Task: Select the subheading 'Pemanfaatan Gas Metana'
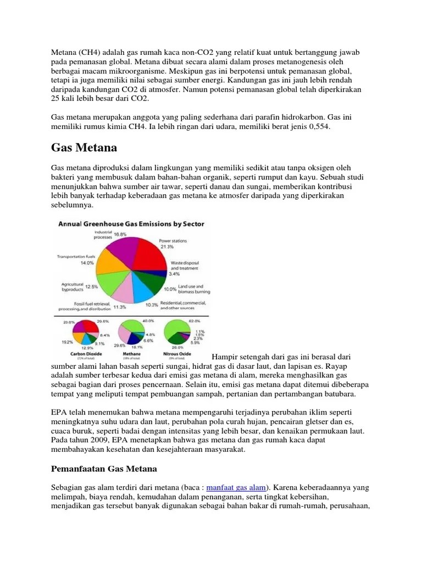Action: [x=104, y=469]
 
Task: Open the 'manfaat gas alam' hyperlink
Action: [x=237, y=487]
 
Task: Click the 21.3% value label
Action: [x=166, y=247]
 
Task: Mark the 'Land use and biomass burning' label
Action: [x=191, y=289]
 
